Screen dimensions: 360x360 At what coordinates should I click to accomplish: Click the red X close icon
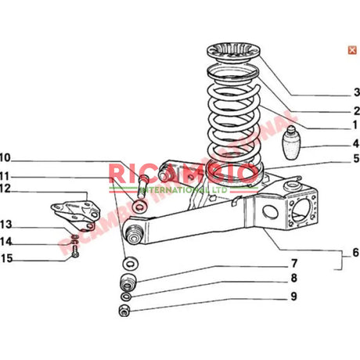342,50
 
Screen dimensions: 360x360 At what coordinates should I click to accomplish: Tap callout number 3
355,92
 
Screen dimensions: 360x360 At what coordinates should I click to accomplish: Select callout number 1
355,125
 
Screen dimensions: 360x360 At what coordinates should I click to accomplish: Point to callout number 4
355,144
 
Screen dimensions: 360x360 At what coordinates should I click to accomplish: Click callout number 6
355,254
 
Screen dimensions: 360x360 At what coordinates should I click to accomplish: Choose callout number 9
293,297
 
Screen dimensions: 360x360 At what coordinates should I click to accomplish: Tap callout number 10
5,157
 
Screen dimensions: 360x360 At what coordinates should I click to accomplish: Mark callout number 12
5,189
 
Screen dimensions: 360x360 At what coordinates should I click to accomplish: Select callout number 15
6,257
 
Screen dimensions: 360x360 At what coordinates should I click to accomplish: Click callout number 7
293,263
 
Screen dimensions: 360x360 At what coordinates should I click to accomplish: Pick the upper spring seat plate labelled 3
232,59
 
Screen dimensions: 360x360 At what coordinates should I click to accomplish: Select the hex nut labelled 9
123,312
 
